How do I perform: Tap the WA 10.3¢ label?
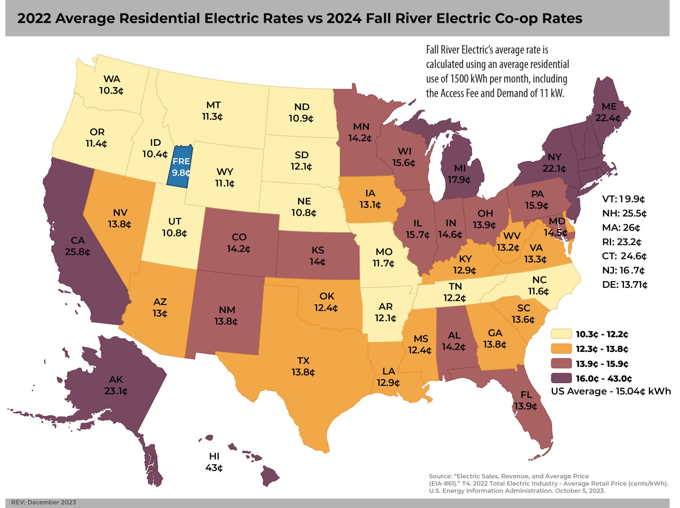pyautogui.click(x=111, y=85)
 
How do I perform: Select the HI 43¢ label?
pyautogui.click(x=214, y=462)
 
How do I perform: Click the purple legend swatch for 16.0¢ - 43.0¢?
pyautogui.click(x=561, y=378)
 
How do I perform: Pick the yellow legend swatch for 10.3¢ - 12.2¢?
pyautogui.click(x=561, y=334)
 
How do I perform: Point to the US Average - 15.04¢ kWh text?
pyautogui.click(x=611, y=391)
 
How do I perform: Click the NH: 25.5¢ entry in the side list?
pyautogui.click(x=624, y=213)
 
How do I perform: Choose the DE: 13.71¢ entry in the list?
pyautogui.click(x=625, y=285)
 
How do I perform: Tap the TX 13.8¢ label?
pyautogui.click(x=303, y=366)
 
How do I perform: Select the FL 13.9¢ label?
pyautogui.click(x=526, y=400)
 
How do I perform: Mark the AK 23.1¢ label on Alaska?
pyautogui.click(x=116, y=385)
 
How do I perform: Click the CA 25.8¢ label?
pyautogui.click(x=77, y=246)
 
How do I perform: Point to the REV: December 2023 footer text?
pyautogui.click(x=44, y=502)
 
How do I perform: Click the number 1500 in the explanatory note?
pyautogui.click(x=459, y=79)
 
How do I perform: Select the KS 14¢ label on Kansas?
pyautogui.click(x=318, y=256)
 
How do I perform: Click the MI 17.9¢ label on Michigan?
pyautogui.click(x=459, y=174)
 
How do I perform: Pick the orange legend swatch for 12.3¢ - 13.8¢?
pyautogui.click(x=561, y=349)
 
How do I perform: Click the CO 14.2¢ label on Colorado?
pyautogui.click(x=239, y=243)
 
